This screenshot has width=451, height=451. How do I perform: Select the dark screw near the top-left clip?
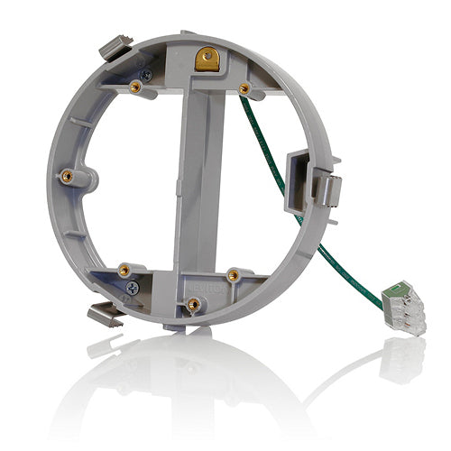tap(145, 77)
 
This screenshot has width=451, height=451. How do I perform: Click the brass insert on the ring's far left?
tap(67, 175)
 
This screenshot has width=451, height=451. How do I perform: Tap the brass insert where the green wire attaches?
tap(244, 87)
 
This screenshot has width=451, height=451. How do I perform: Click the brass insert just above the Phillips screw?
tap(124, 269)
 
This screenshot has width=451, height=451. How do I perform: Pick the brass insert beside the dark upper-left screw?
tap(134, 87)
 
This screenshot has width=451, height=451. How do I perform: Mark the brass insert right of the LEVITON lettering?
tap(233, 274)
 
